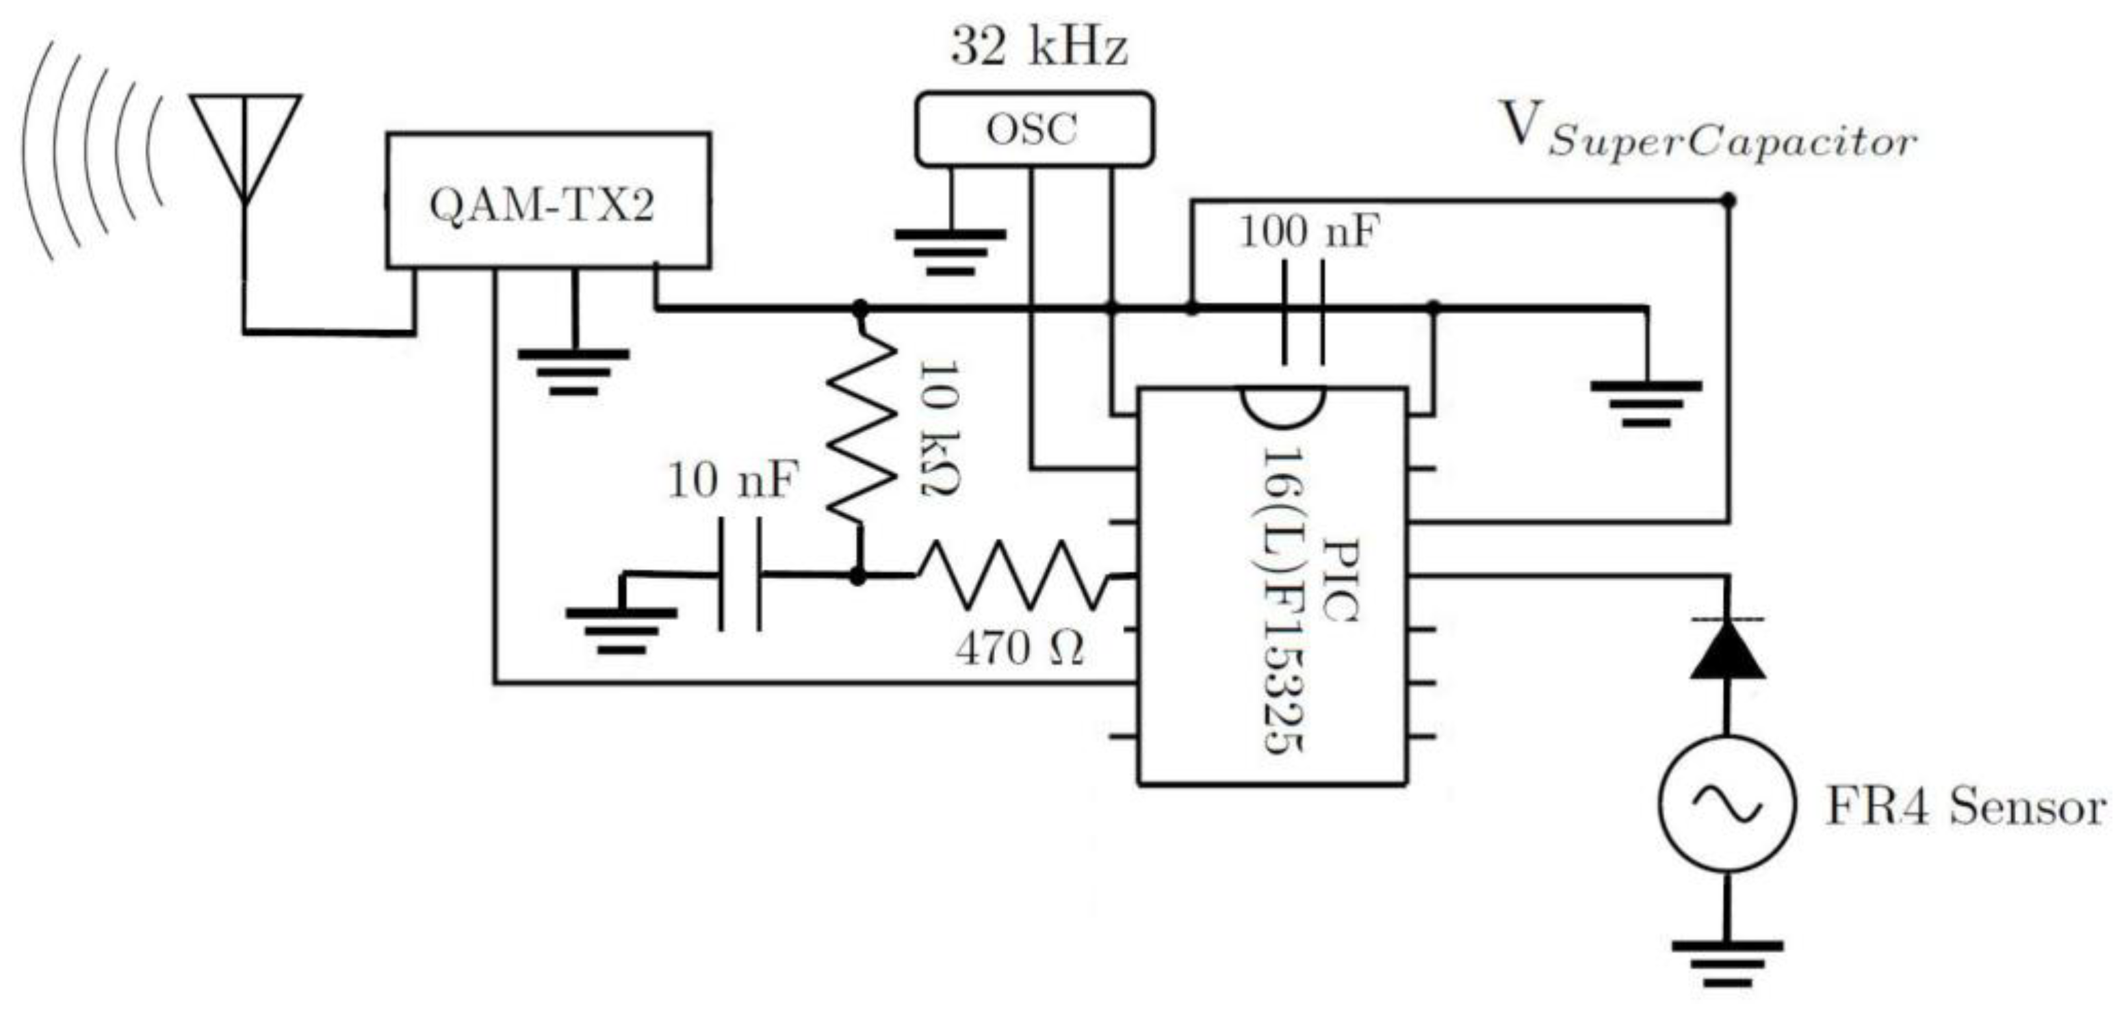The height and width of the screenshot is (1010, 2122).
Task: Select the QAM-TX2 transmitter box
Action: tap(548, 201)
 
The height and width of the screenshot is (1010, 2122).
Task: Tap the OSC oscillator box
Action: tap(1034, 129)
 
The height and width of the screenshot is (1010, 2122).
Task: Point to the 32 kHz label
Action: tap(1038, 47)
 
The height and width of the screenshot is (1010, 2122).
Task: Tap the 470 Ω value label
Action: tap(1020, 649)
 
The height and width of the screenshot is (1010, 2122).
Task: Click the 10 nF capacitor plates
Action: tap(740, 574)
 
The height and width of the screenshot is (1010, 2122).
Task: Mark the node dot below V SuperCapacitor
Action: tap(1729, 200)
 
